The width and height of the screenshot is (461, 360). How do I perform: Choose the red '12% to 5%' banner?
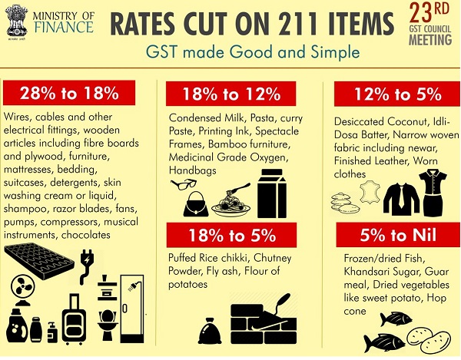click(x=396, y=94)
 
